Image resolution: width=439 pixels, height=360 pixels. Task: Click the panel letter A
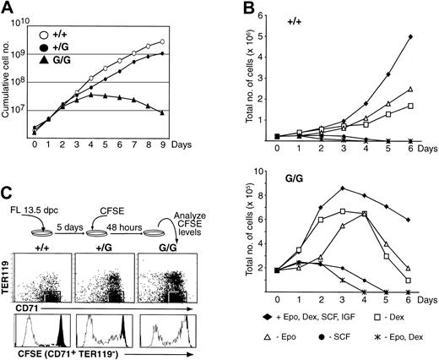(8, 8)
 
